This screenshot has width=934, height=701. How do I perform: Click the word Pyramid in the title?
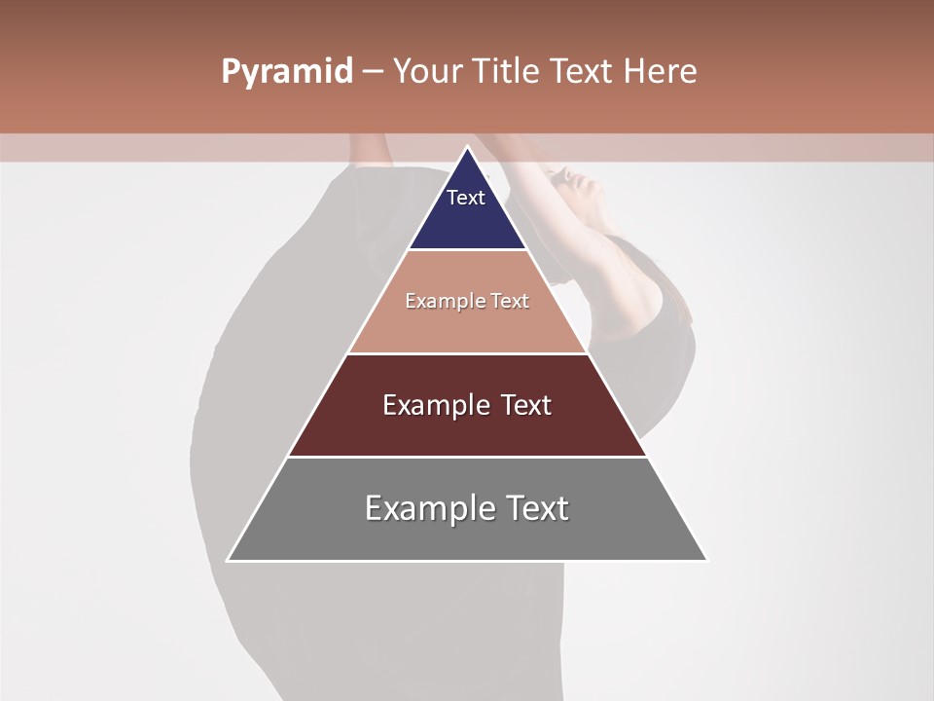tap(287, 72)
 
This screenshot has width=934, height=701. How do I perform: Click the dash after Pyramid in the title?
tap(373, 72)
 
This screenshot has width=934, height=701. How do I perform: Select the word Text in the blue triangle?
tap(466, 198)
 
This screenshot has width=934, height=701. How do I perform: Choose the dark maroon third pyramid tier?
tap(467, 428)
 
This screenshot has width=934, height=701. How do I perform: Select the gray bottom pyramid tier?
tap(467, 535)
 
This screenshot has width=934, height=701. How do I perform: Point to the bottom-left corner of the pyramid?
tap(229, 560)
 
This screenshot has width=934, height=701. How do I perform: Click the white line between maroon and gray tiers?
tap(467, 457)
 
